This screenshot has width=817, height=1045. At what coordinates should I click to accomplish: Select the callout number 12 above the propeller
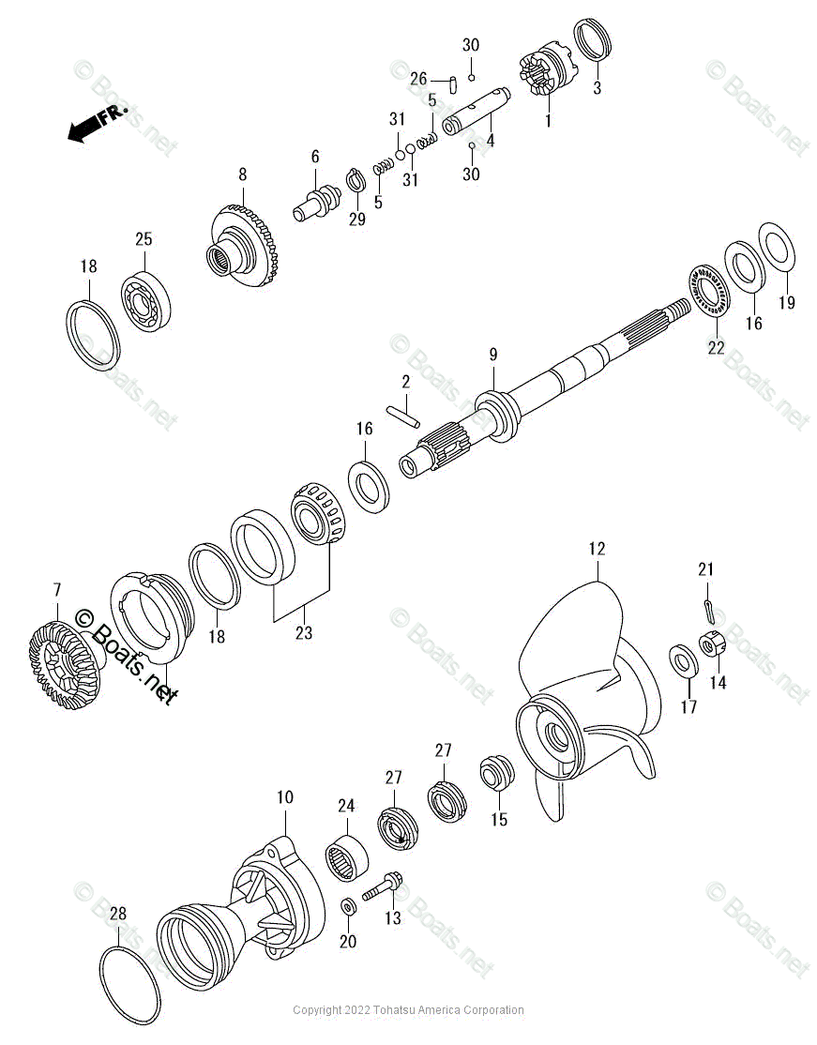coord(598,549)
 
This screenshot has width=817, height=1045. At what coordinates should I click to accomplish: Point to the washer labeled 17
coord(682,659)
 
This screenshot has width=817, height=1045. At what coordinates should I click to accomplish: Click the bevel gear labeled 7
coord(59,655)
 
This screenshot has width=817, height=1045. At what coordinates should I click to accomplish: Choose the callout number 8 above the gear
coord(242,174)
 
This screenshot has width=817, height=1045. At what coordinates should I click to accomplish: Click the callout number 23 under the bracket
coord(303,633)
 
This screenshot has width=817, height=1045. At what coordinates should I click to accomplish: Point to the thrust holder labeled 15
coord(496,777)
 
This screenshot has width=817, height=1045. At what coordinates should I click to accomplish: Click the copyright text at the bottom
coord(408,1010)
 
